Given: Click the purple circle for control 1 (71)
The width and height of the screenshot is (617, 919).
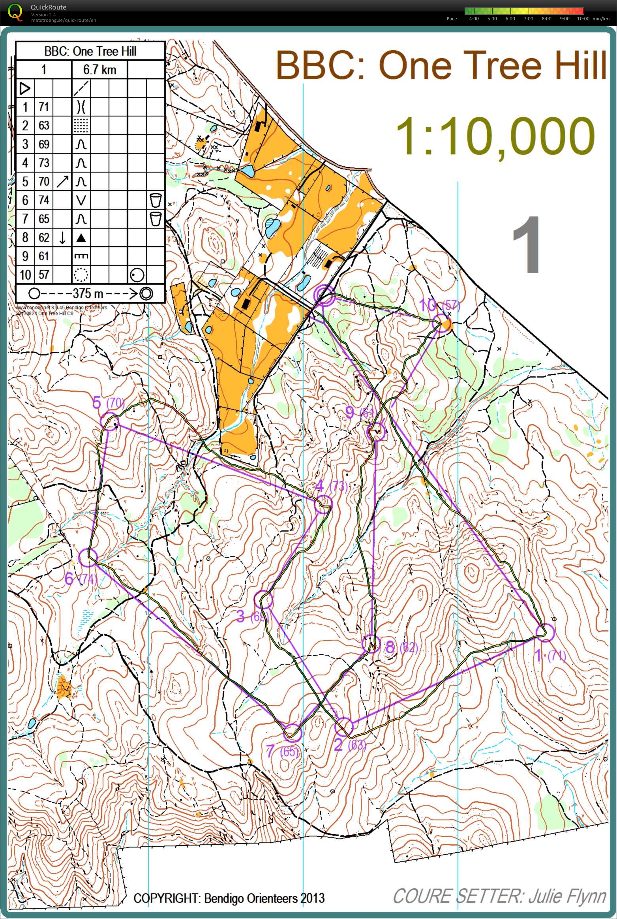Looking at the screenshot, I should click(x=546, y=633).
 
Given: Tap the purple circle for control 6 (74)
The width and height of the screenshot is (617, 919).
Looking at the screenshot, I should click(x=88, y=558).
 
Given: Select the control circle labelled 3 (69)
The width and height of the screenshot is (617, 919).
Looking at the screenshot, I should click(x=264, y=600).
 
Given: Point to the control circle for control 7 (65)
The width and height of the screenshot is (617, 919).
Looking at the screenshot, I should click(x=292, y=733).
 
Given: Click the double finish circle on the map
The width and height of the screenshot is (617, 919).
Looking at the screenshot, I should click(x=324, y=295).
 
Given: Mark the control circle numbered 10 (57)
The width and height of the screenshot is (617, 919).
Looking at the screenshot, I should click(x=441, y=323).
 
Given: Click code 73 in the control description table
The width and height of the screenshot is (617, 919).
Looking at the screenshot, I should click(x=44, y=163).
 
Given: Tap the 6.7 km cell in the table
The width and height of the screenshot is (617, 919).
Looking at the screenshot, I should click(x=99, y=70).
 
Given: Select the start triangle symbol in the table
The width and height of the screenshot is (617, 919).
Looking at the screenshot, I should click(x=25, y=88).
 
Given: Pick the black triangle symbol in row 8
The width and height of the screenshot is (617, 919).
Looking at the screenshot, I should click(x=81, y=237).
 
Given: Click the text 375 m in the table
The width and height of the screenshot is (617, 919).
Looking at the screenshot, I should click(x=88, y=293).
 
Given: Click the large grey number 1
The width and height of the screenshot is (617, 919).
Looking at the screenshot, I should click(x=527, y=245).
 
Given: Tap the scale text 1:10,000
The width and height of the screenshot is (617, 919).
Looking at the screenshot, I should click(x=495, y=137).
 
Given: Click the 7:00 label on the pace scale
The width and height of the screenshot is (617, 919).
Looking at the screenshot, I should click(x=528, y=19).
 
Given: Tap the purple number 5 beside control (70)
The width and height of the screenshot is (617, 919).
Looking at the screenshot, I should click(x=97, y=403).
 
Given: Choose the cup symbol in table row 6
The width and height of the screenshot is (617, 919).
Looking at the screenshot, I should click(x=156, y=200).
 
